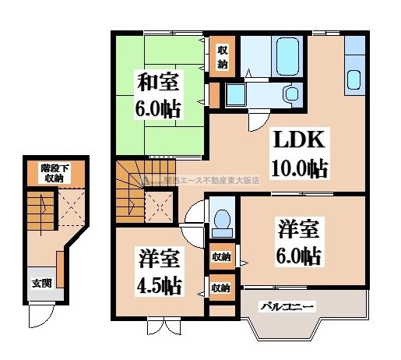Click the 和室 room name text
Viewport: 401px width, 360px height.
(x=161, y=81)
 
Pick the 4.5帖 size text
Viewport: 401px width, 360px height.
(x=160, y=284)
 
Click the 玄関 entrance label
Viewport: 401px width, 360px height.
(x=41, y=283)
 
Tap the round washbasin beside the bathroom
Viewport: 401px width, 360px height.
(x=292, y=94)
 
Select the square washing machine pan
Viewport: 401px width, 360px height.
(x=234, y=95)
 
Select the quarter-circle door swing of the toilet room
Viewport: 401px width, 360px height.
(x=198, y=213)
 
